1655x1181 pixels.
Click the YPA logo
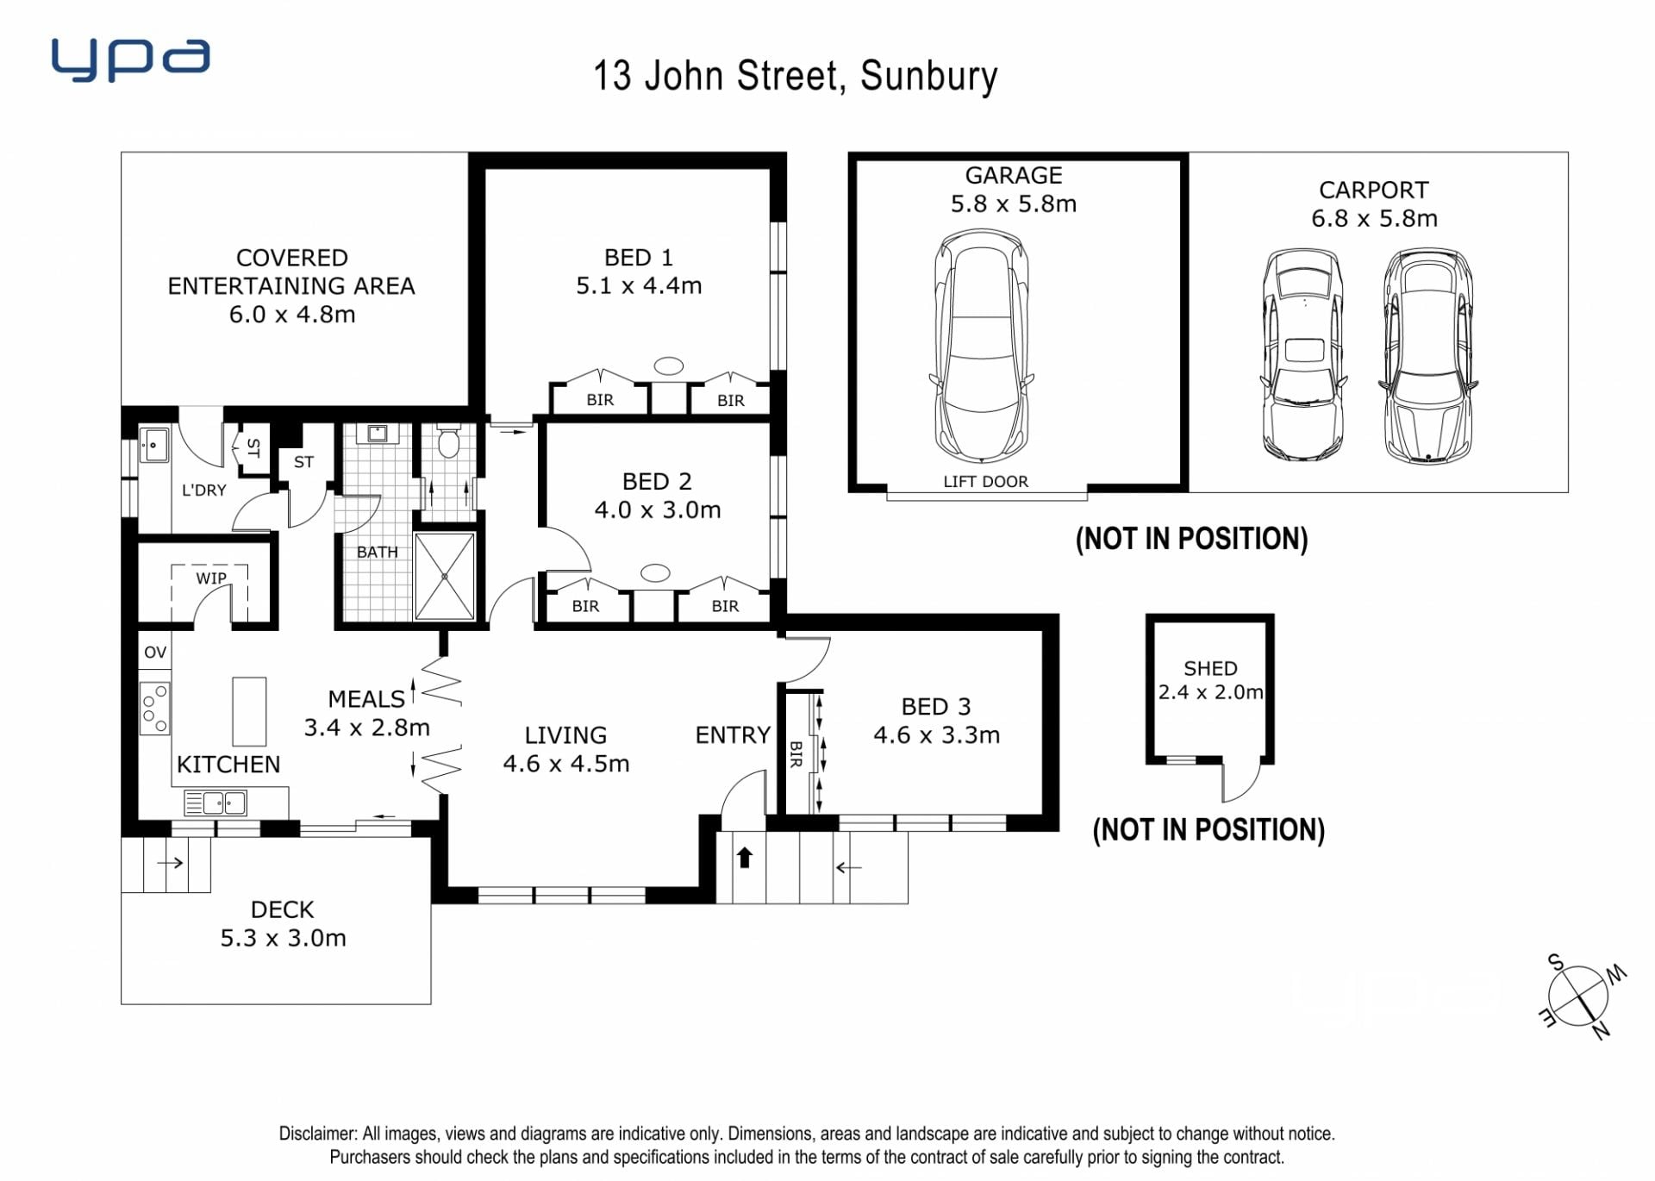[130, 59]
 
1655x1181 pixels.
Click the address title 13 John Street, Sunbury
[796, 76]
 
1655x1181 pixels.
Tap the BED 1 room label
[639, 258]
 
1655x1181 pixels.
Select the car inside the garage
[982, 346]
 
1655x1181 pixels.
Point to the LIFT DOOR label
[985, 482]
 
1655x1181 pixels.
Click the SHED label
[1210, 668]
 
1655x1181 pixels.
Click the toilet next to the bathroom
[447, 441]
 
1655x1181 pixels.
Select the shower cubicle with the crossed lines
[445, 576]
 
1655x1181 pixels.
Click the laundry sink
[154, 445]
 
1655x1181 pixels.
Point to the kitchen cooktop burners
[155, 708]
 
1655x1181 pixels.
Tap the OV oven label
[155, 653]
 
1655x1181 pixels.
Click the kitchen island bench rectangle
[249, 711]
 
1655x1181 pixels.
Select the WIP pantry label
[211, 578]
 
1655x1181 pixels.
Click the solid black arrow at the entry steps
[745, 858]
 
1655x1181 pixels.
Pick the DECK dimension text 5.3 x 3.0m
[284, 938]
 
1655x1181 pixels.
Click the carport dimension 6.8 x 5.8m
[1374, 219]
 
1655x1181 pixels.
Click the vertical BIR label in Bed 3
[796, 753]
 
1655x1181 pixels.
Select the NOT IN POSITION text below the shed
[1208, 829]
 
